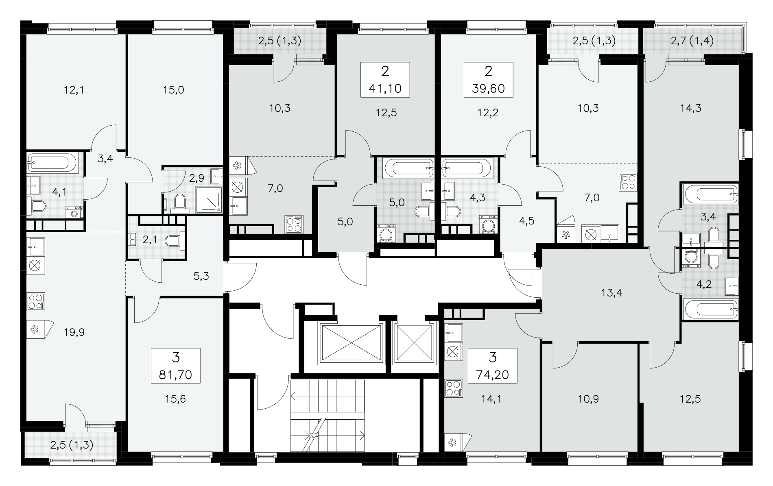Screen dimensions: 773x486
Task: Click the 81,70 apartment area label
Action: pos(175,375)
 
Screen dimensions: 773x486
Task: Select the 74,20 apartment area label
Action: pos(493,375)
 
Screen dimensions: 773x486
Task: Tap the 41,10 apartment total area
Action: pos(385,89)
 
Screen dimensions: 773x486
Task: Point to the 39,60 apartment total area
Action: pos(489,89)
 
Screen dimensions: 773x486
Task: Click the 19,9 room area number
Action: pos(74,333)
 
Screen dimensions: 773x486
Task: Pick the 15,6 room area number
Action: pos(175,399)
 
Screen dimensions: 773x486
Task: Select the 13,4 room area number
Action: pos(611,292)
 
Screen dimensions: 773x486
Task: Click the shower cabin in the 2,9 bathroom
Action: pos(209,200)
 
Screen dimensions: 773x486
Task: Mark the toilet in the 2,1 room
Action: pos(175,241)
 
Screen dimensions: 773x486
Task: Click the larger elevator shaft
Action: pos(350,343)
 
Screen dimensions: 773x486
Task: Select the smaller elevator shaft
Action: pos(413,343)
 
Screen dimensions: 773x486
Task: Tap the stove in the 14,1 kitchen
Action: pos(454,388)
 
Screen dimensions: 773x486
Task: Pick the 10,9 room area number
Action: pos(588,399)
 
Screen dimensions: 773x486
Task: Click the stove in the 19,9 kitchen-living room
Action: pos(36,302)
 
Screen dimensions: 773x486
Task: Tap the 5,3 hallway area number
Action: pos(201,277)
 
